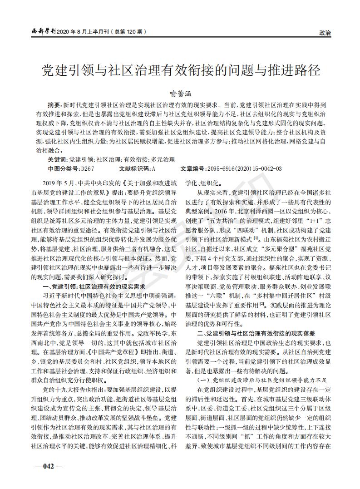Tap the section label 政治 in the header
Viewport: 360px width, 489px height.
click(325, 33)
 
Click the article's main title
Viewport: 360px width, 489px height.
click(181, 71)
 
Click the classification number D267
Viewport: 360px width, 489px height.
click(88, 168)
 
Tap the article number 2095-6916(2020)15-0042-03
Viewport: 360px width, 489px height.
click(244, 168)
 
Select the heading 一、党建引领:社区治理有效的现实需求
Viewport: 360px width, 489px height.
click(94, 286)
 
